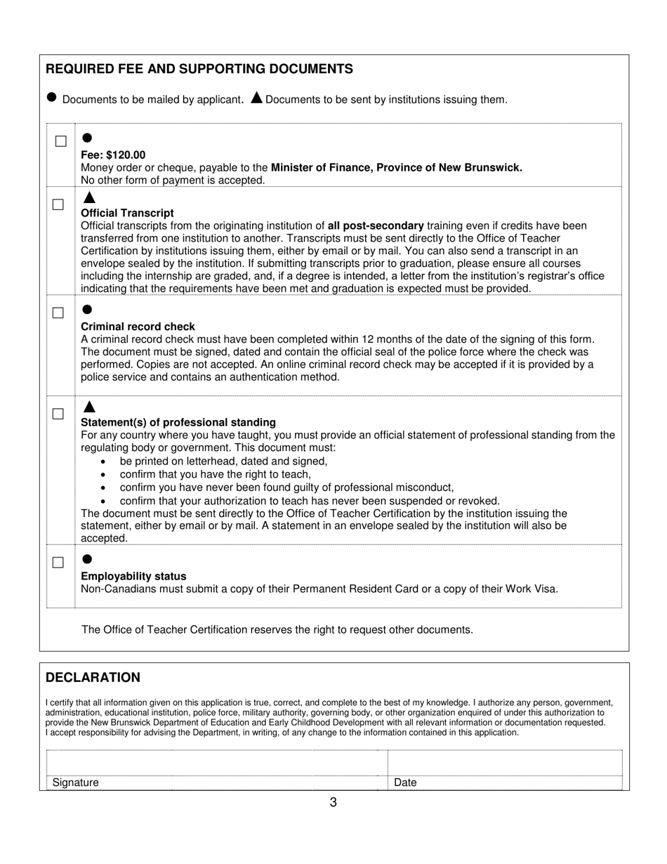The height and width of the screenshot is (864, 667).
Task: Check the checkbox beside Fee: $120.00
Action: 61,141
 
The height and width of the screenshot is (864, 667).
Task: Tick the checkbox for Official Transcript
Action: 58,204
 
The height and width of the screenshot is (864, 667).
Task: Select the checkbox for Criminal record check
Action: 58,313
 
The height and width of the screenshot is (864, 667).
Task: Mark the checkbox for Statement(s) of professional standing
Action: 58,414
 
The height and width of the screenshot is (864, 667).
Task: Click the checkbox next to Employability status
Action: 58,563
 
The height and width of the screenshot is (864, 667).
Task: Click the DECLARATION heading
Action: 93,677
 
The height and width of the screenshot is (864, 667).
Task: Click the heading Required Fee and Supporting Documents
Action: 199,69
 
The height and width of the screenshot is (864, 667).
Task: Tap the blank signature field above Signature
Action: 217,762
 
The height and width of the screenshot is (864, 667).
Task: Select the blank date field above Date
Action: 504,762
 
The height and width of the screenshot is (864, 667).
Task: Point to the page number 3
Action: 333,802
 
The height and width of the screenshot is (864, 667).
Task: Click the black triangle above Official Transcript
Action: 88,198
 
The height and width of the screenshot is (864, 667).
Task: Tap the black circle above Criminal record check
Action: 87,309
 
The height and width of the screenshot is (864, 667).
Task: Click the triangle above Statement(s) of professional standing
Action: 88,407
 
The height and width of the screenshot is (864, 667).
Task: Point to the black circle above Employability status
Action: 87,559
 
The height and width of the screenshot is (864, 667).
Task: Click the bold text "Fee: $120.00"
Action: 114,155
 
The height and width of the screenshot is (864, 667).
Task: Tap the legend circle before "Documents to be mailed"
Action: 51,98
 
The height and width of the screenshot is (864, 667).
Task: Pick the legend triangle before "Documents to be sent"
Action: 256,98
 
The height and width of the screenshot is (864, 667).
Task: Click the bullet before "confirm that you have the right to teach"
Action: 104,475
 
